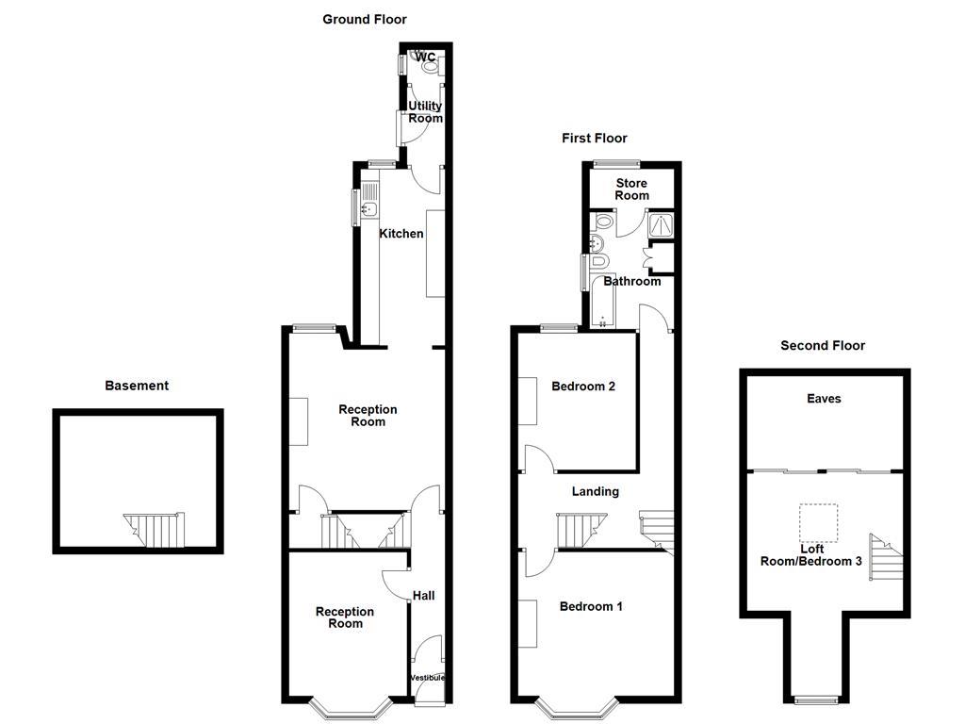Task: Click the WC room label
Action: click(x=426, y=58)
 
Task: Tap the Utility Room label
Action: click(x=425, y=112)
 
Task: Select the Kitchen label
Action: click(x=401, y=234)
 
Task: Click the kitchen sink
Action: click(x=368, y=209)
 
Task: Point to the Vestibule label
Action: click(x=427, y=678)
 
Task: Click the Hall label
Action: click(x=423, y=596)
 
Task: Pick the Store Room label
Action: click(x=631, y=189)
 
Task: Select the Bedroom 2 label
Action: click(x=583, y=386)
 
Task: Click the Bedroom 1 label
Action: click(x=591, y=606)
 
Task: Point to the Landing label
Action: click(x=596, y=491)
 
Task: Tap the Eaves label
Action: click(x=824, y=399)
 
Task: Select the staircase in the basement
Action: click(x=153, y=530)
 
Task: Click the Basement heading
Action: click(x=137, y=386)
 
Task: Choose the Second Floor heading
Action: click(x=823, y=346)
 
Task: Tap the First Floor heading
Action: click(x=595, y=139)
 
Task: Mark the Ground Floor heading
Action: click(x=365, y=19)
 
